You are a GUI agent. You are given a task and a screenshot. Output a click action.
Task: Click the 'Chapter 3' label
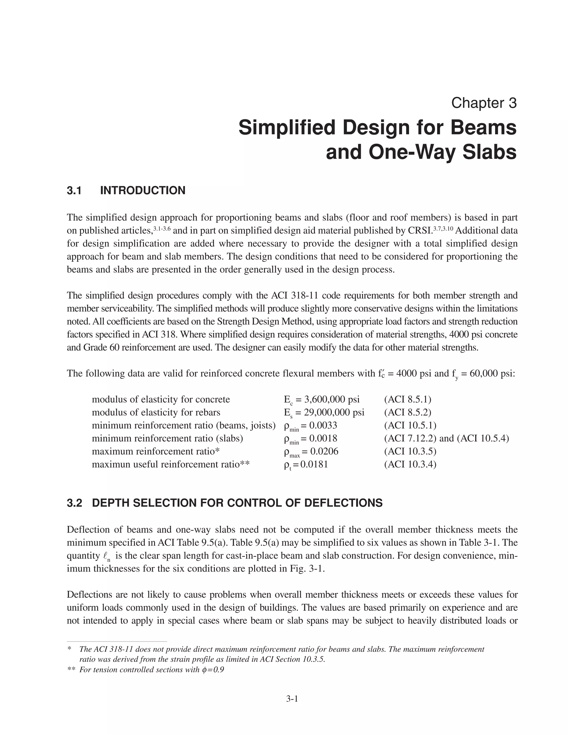coord(483,103)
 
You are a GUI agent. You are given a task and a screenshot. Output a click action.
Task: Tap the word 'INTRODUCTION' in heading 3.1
coord(143,191)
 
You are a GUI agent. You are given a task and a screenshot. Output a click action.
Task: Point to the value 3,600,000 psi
coord(332,399)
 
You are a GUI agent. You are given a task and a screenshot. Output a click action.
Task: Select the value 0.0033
coord(323,425)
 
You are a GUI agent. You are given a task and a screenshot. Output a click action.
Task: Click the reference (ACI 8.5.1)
coord(407,399)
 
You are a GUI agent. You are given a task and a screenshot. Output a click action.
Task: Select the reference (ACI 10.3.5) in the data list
coord(410,451)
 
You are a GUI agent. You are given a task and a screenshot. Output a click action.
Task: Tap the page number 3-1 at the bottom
coord(292,699)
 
